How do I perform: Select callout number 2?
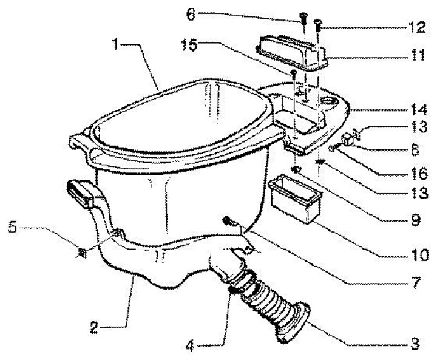(x=95, y=328)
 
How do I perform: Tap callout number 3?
(x=415, y=344)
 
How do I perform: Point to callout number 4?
(x=190, y=346)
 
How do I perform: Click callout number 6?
(x=191, y=15)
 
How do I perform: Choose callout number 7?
(x=415, y=282)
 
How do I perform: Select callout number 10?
(x=420, y=254)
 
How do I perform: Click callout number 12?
(x=417, y=27)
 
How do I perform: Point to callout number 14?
(x=419, y=109)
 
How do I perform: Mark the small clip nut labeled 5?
(x=82, y=253)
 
